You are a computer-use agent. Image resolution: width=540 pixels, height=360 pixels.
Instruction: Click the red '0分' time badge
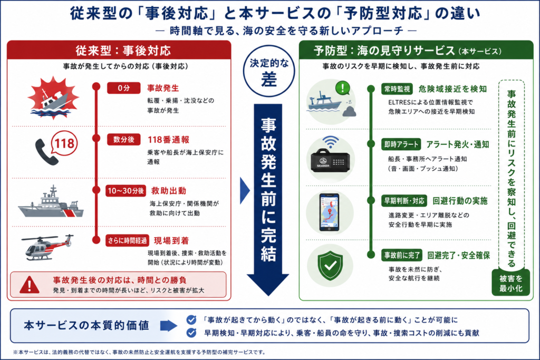pos(123,88)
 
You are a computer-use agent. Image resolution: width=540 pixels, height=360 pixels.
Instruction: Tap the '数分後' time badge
pos(123,139)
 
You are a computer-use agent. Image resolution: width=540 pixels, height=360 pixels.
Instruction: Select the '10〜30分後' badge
pos(126,191)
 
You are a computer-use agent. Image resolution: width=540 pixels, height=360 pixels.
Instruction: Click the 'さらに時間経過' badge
pos(127,240)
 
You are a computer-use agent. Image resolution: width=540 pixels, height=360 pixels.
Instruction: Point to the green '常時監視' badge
pos(397,89)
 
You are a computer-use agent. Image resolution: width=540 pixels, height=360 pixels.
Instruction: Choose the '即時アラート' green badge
pos(401,144)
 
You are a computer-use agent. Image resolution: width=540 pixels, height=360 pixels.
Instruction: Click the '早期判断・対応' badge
pos(404,201)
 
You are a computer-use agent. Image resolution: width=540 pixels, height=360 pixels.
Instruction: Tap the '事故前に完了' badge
pos(402,255)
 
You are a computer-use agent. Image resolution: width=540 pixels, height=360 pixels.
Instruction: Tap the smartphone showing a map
pos(329,212)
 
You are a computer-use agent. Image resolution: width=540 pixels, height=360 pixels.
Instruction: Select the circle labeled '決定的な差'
pos(269,71)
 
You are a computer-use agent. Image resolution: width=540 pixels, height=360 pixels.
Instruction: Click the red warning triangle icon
pos(30,285)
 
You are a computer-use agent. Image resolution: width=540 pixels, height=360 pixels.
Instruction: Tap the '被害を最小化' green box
pos(510,283)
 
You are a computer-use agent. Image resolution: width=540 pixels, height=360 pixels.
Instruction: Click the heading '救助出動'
pos(169,191)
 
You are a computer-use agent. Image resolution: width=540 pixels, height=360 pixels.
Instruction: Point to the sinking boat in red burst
pos(53,98)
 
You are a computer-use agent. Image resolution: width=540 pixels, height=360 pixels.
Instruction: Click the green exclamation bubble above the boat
pos(343,88)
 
